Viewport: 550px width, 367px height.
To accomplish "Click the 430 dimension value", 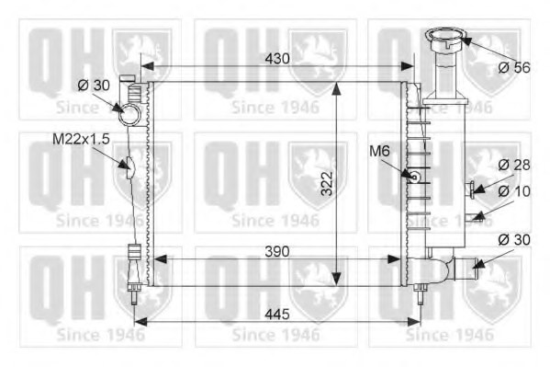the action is click(x=277, y=59).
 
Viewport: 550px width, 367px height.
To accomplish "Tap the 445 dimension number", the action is click(x=277, y=314).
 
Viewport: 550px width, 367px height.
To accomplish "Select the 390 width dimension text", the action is click(x=277, y=251).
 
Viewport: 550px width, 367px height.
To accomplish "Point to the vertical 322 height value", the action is click(x=327, y=183).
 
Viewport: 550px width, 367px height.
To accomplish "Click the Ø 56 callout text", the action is click(x=514, y=67).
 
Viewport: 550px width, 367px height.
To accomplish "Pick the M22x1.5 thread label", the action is click(x=81, y=139).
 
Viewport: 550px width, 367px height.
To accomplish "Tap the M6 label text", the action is click(x=379, y=152).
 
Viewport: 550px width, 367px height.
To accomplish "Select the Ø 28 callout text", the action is click(x=514, y=165).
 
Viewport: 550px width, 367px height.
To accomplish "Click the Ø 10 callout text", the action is click(x=514, y=191).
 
